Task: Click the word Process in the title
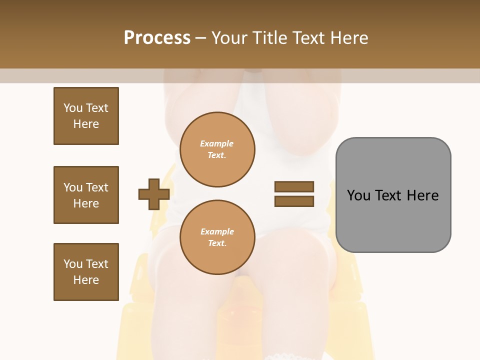click(157, 37)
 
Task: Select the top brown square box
click(86, 116)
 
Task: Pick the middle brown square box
click(86, 195)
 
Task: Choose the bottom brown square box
click(86, 272)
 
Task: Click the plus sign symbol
click(154, 194)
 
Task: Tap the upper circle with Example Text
click(217, 149)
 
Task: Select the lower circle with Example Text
click(217, 237)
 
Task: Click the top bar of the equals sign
click(294, 186)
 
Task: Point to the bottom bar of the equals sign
click(294, 201)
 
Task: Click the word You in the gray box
click(358, 195)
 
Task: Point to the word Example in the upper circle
click(217, 143)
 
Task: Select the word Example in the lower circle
click(217, 231)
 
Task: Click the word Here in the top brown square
click(86, 124)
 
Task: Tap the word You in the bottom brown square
click(73, 264)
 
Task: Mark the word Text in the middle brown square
click(97, 187)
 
